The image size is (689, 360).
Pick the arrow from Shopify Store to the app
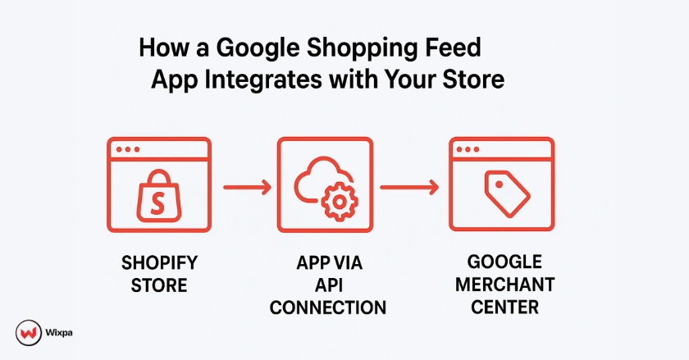[246, 189]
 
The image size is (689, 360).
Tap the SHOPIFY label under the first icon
[160, 264]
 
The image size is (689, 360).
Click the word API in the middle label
[327, 286]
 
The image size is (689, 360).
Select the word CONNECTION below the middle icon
[327, 308]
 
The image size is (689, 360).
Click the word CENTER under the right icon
[504, 308]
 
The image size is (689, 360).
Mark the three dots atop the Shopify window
[128, 149]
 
